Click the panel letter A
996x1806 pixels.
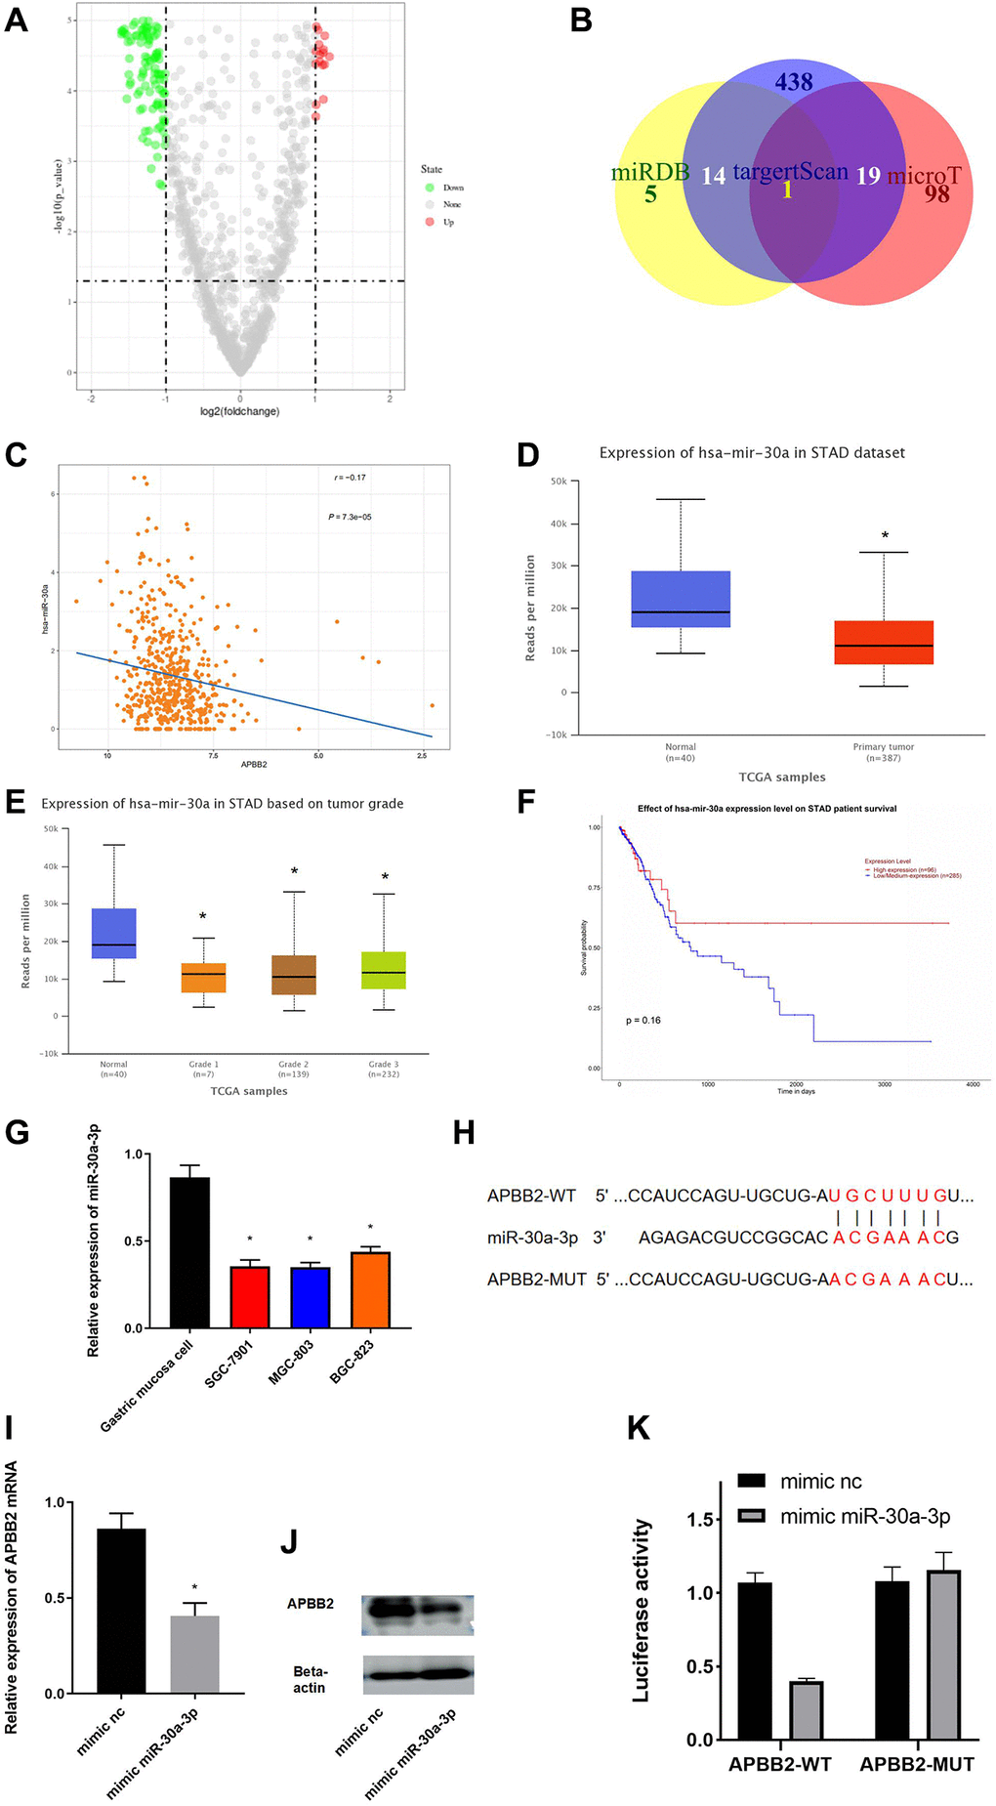[17, 21]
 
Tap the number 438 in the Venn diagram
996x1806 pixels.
[794, 82]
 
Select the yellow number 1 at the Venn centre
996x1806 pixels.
[787, 189]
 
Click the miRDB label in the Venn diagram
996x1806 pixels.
[650, 173]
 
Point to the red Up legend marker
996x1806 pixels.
[430, 222]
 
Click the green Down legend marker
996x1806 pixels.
[430, 187]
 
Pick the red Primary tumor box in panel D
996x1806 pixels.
[884, 642]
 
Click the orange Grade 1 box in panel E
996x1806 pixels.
[203, 978]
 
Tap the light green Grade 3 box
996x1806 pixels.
[384, 970]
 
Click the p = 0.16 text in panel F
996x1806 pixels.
[643, 1020]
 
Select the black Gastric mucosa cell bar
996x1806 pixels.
[189, 1252]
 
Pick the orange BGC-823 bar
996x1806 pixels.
[370, 1289]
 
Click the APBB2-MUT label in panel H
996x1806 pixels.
[536, 1279]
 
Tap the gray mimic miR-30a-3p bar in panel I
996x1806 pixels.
[194, 1654]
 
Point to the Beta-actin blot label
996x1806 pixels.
[310, 1679]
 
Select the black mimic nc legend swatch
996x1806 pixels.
[751, 1481]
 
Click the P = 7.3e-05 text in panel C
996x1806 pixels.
[350, 517]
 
